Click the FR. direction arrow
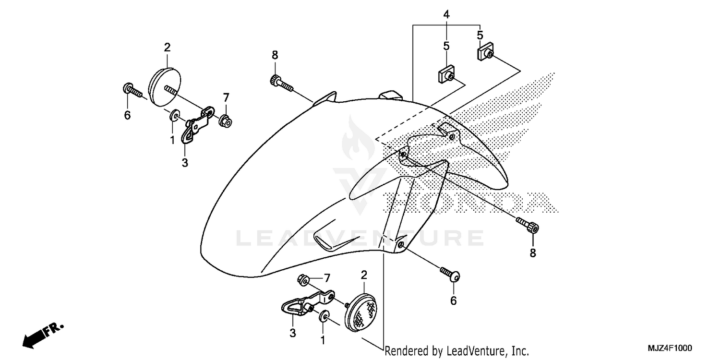[x=42, y=334]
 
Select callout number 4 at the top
[x=446, y=14]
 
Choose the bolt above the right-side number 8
[x=528, y=225]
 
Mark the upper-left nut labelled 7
[x=225, y=121]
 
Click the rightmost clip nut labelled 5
[x=486, y=52]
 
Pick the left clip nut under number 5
[x=446, y=74]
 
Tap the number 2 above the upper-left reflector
[x=167, y=48]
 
